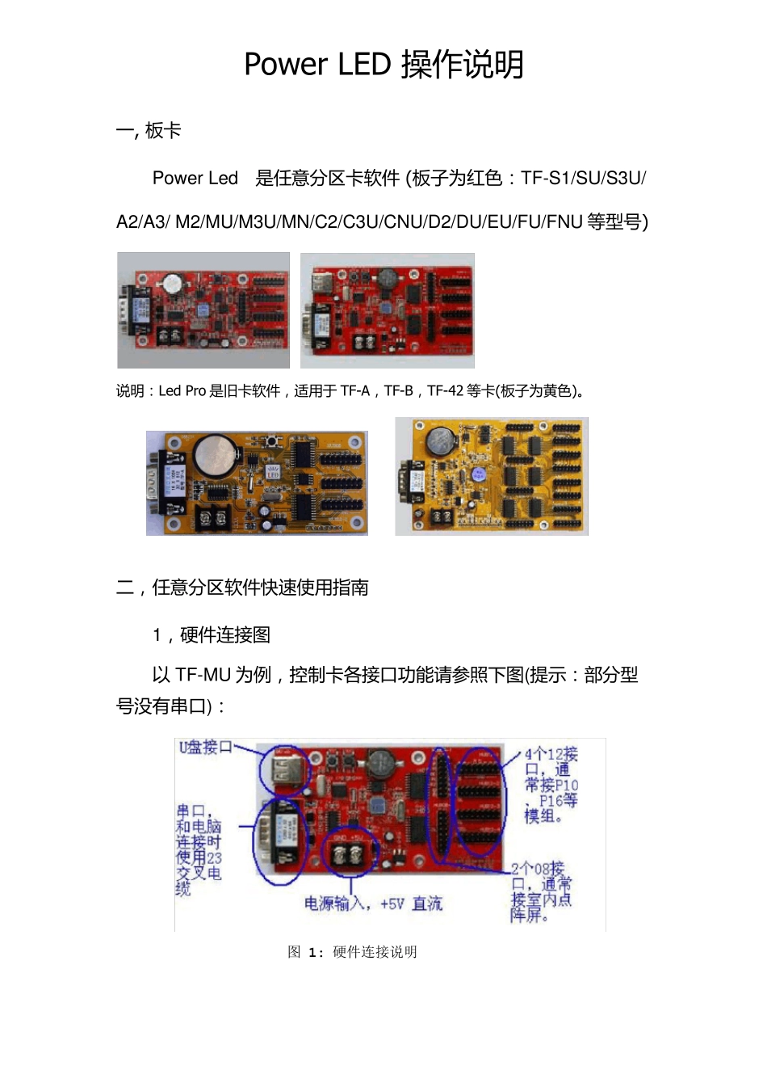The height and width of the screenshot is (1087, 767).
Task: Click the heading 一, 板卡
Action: (149, 131)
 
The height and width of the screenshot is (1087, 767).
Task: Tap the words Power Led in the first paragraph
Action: (195, 179)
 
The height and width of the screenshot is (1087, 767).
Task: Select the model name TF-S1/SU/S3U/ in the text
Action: (583, 179)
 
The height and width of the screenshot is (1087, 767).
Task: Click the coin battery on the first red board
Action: (171, 284)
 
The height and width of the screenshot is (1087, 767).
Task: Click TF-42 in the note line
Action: (445, 391)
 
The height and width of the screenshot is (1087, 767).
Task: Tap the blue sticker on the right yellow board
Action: (479, 474)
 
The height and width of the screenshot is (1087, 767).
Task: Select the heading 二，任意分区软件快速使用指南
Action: (242, 588)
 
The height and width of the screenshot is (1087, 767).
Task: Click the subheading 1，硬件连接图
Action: (212, 635)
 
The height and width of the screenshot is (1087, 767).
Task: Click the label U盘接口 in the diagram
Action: (205, 748)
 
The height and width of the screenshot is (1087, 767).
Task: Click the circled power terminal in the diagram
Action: (350, 853)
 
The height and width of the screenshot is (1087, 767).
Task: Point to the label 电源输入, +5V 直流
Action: (373, 904)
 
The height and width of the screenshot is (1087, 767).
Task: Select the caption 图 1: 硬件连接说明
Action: (352, 952)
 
